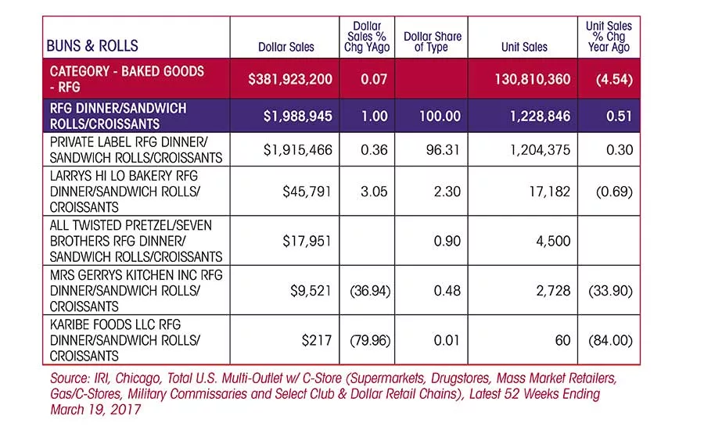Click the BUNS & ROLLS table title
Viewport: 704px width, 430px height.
[92, 46]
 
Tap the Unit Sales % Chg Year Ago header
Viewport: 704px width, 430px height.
[609, 37]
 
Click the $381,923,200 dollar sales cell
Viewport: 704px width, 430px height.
[290, 80]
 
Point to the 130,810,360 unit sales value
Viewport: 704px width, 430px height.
[533, 80]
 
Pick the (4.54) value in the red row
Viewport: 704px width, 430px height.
[614, 80]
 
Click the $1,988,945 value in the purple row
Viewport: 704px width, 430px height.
[298, 116]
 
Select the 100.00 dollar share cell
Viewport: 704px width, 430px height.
[440, 116]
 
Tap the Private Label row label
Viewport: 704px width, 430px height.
[136, 150]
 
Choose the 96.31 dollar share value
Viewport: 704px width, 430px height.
[443, 150]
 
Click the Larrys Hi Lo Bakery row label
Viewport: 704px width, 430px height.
[124, 192]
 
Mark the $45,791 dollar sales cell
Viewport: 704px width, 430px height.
[307, 192]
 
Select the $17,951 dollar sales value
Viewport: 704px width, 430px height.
[307, 241]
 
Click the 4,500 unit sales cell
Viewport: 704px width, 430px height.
[553, 241]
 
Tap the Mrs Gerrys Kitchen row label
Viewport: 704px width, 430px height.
[136, 290]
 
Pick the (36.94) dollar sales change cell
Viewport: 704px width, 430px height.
[370, 291]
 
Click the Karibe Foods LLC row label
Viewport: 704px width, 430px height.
[124, 340]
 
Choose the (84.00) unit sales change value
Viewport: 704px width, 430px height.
[610, 340]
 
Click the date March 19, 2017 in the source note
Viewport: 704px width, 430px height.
[95, 410]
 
